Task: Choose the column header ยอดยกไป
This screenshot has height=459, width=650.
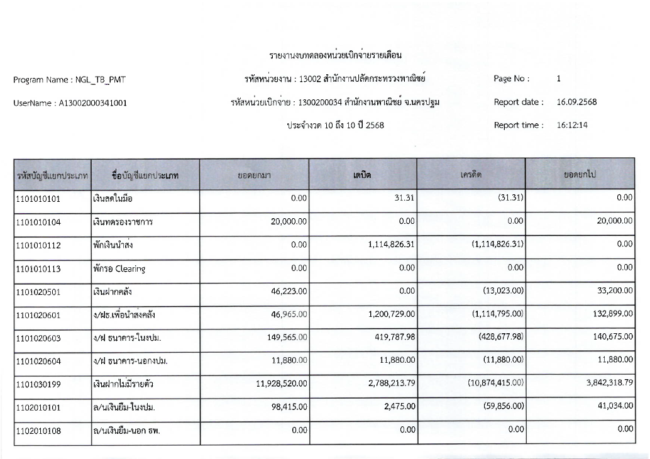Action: pyautogui.click(x=579, y=174)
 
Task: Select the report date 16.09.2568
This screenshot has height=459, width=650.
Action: pyautogui.click(x=576, y=102)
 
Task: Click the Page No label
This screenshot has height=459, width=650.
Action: pyautogui.click(x=512, y=79)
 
